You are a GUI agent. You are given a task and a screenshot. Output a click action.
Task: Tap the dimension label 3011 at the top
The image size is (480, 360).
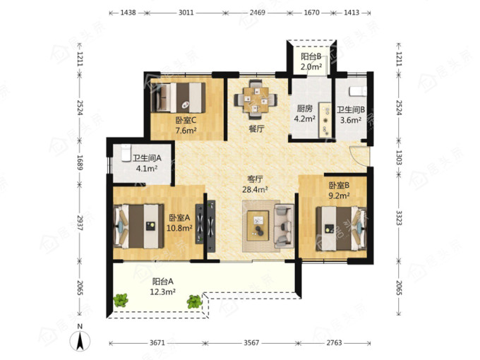[x=186, y=13]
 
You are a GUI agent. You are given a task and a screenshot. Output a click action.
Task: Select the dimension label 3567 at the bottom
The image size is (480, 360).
[x=251, y=342]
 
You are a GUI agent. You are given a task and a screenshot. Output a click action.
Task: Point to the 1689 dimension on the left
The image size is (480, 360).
[x=80, y=162]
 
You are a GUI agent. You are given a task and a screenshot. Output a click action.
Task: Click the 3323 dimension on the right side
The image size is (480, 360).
[x=398, y=217]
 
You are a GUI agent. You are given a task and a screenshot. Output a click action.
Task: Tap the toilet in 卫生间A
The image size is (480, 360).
[x=126, y=152]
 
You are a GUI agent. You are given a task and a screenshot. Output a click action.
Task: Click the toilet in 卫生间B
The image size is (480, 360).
[x=358, y=91]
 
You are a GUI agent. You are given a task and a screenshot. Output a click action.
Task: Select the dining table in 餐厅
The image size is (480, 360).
[x=256, y=100]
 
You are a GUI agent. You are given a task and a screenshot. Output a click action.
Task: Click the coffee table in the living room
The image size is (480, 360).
[x=258, y=225]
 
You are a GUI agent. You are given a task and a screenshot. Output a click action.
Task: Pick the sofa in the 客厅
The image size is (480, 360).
[x=284, y=226]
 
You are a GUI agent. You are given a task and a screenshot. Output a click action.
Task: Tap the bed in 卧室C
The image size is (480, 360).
[x=179, y=97]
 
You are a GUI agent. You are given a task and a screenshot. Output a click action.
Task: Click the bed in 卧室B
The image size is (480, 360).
[x=341, y=229]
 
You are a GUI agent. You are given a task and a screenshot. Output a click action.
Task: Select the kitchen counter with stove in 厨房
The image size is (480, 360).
[x=325, y=120]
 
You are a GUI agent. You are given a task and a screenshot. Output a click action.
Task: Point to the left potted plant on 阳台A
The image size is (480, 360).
[x=121, y=300]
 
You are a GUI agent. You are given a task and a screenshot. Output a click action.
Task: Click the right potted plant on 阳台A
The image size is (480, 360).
[x=194, y=301]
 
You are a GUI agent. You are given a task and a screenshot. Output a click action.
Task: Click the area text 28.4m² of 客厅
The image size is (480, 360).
[x=256, y=190]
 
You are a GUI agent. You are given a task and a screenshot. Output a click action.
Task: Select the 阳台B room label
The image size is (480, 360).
[x=311, y=56]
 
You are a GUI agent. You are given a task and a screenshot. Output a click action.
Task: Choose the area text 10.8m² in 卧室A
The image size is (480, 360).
[x=179, y=228]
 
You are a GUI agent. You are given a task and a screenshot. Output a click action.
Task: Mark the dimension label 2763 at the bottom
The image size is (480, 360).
[x=334, y=342]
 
